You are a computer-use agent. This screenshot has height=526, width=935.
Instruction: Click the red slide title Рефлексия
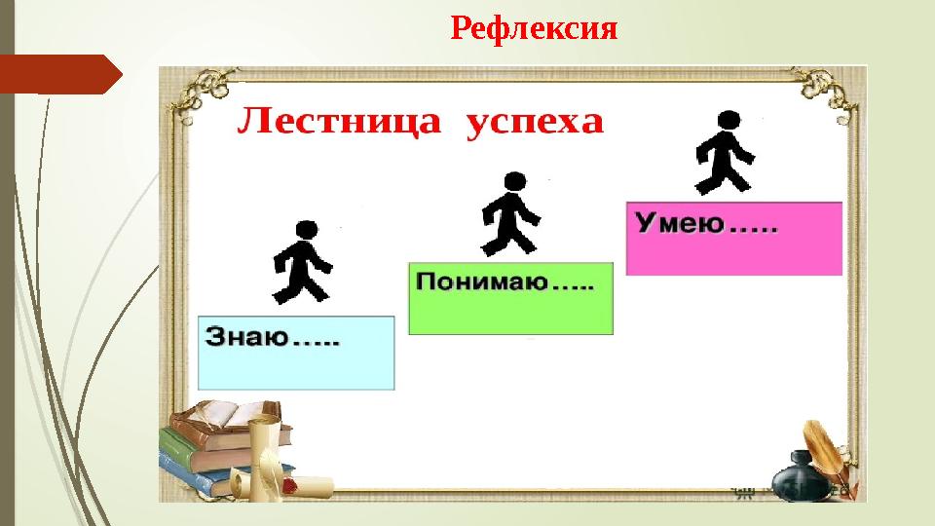pos(534,28)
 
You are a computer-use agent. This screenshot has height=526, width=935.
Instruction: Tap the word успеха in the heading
pos(537,125)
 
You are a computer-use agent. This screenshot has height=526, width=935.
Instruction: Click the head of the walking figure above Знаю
pos(306,230)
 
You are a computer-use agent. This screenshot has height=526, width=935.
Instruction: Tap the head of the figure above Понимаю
pos(513,181)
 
